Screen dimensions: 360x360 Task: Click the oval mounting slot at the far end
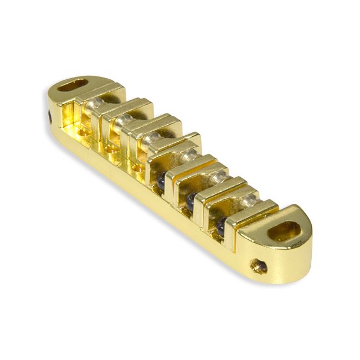click(x=73, y=86)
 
